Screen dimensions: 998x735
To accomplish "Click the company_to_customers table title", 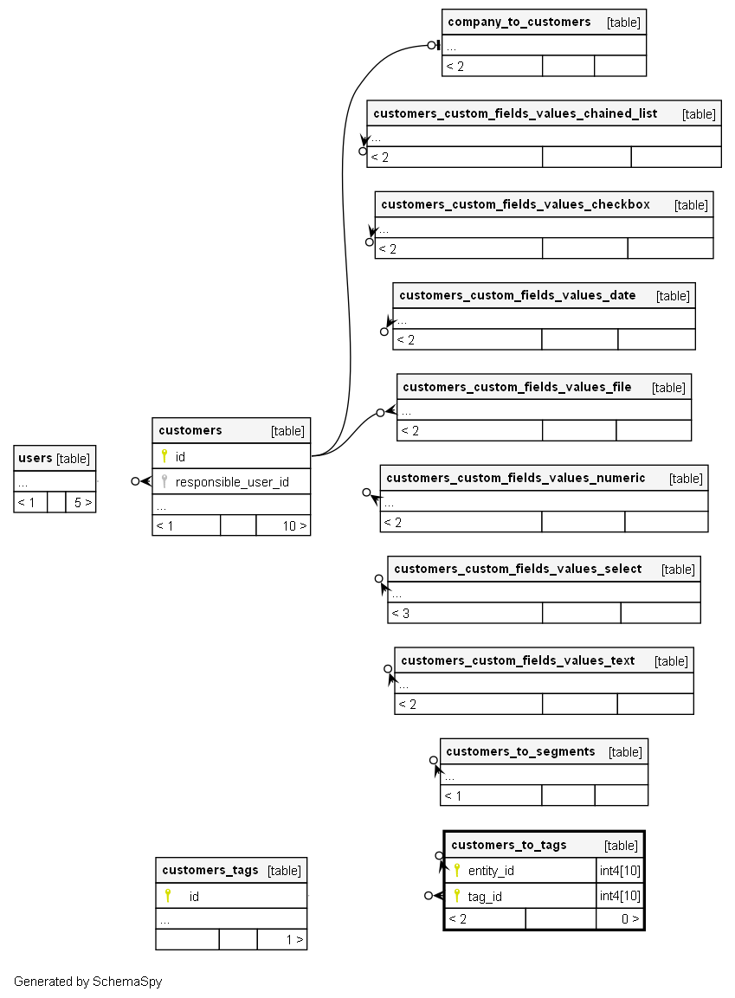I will coord(519,22).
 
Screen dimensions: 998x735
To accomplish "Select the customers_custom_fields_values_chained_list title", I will coord(515,113).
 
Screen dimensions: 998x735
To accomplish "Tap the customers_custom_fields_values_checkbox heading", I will coord(515,204).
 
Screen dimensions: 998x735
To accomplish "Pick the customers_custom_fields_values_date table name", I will coord(517,295).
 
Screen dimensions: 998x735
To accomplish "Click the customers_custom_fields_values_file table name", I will coord(517,387).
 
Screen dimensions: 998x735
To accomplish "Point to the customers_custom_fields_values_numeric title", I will coord(515,478).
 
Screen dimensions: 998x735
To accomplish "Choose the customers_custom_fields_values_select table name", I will coord(517,569).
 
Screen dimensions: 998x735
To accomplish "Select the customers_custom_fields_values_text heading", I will coord(518,660).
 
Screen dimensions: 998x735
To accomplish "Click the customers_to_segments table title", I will coord(520,751).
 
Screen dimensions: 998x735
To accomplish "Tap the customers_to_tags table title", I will coord(509,845).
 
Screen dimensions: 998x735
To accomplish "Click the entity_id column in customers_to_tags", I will coord(491,871).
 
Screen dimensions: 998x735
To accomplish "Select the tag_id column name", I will coord(485,896).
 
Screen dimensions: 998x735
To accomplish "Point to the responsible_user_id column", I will coord(232,482).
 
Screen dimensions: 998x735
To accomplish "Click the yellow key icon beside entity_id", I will coord(457,870).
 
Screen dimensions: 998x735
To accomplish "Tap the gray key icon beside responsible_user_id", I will coord(164,481).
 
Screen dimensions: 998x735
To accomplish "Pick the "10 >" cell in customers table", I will coord(294,525).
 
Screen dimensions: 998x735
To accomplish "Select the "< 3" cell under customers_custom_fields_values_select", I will coord(401,614).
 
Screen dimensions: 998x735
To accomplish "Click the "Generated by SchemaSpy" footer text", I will coord(87,982).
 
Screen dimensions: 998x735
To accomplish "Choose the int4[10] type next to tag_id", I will coord(620,896).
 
